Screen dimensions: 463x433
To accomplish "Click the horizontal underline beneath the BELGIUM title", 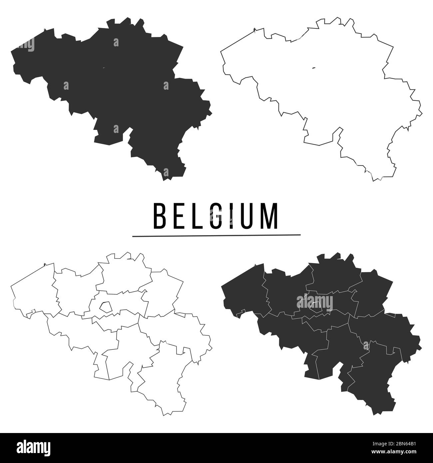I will click(x=217, y=235).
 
